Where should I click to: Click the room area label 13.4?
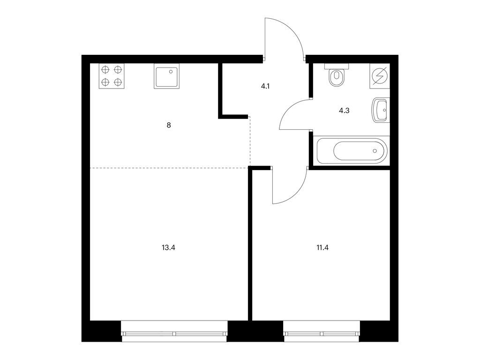(168, 247)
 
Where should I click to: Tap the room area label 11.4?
(322, 247)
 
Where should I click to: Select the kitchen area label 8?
(169, 125)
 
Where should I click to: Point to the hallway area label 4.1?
(265, 86)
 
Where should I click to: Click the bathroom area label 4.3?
(344, 111)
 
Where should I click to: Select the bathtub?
(352, 151)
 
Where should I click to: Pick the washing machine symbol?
(380, 76)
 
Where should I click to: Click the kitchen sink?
(166, 76)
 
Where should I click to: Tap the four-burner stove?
(112, 76)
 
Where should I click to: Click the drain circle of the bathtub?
(375, 151)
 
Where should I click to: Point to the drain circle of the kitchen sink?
(171, 72)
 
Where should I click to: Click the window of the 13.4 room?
(174, 331)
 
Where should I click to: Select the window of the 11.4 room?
(322, 331)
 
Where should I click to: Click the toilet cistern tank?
(337, 66)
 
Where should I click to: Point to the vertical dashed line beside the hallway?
(250, 142)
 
